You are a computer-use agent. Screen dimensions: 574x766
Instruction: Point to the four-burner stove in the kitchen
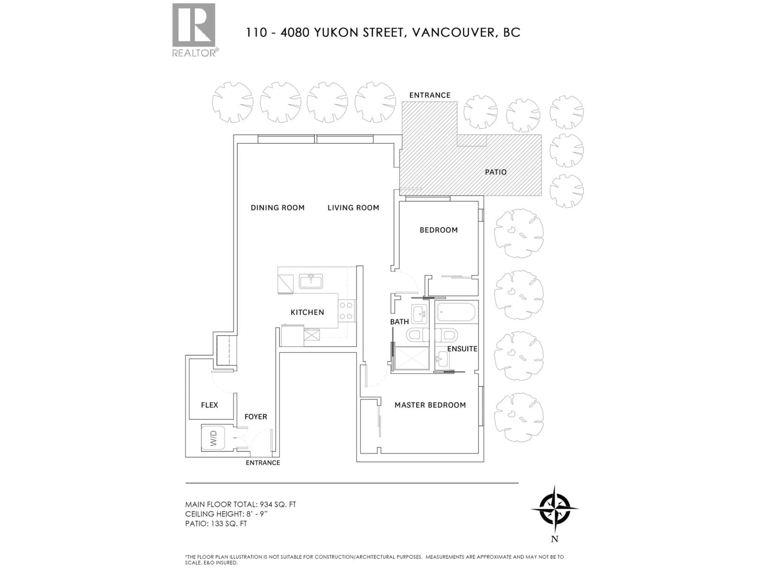(346, 310)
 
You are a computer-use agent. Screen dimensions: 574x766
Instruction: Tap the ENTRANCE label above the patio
(430, 95)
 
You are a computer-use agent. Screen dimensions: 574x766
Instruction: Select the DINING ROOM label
(277, 208)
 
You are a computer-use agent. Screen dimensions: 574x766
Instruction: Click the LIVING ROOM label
(353, 208)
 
